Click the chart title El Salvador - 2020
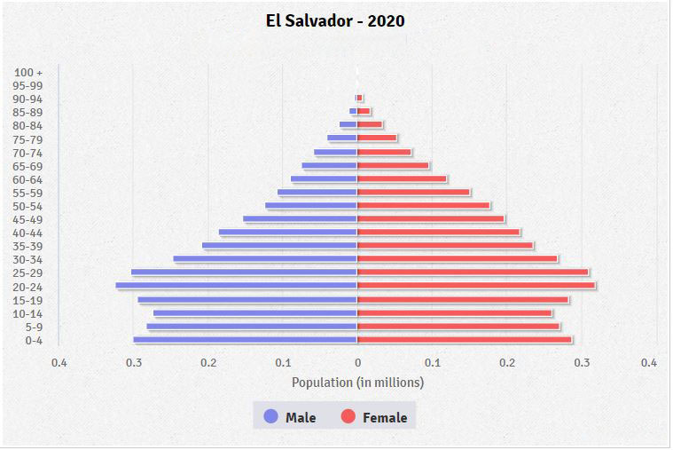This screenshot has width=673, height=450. coord(335,20)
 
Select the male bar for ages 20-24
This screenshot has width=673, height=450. coord(236,286)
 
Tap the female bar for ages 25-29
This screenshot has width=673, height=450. coord(473,272)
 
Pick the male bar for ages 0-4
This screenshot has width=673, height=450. coord(246,340)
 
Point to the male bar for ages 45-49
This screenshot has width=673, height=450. coord(301,219)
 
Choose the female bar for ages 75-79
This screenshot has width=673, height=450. coord(377,138)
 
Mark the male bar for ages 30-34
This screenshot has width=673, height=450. coord(265,259)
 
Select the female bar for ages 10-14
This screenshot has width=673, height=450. coord(454,313)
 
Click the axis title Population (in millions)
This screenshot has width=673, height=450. coord(357,383)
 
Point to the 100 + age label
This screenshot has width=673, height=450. coord(29,72)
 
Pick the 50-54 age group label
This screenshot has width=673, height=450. coord(28,206)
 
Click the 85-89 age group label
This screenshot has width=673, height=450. coord(28,112)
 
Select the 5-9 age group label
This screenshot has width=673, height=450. coord(33,327)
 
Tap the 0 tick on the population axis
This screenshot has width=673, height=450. coord(357,362)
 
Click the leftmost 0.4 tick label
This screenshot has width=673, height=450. coord(59,362)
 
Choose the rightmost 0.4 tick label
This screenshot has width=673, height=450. coord(649,362)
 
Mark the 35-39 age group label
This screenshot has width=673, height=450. coord(28,246)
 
